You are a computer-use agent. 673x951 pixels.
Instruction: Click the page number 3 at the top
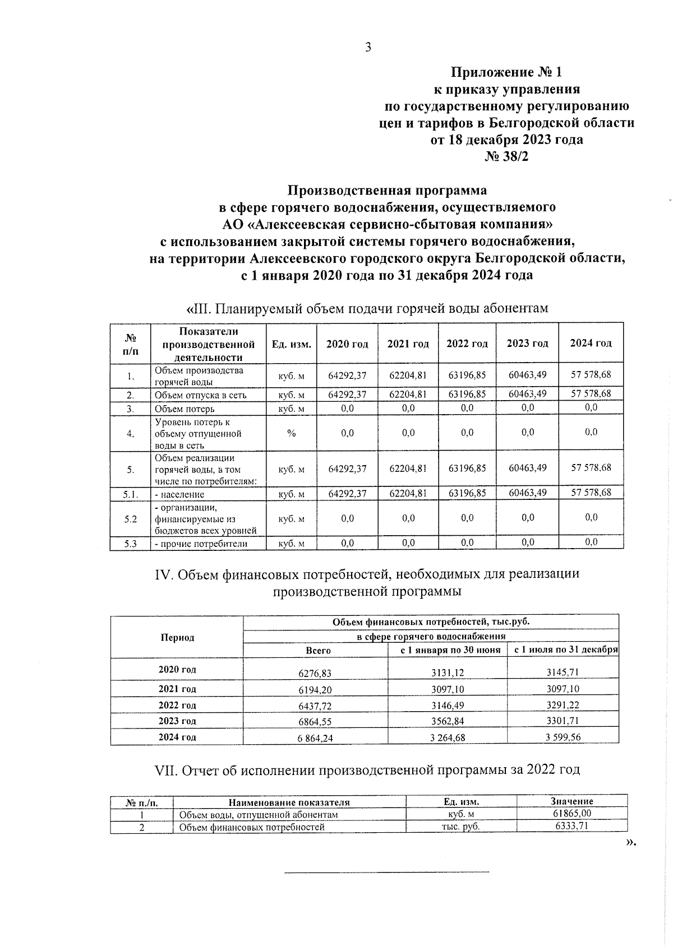point(368,48)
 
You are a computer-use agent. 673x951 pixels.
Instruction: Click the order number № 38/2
point(506,157)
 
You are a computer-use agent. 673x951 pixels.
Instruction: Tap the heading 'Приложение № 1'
point(506,72)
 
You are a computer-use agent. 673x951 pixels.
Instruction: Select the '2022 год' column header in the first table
point(467,344)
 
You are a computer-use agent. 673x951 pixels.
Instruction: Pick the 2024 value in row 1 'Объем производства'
point(591,374)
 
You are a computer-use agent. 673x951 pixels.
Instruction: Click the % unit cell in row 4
point(291,433)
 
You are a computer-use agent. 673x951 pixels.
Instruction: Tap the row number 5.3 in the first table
point(130,543)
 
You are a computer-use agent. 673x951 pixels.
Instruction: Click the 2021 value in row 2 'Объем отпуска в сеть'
point(408,394)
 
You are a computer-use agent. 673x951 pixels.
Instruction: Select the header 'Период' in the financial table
point(177,637)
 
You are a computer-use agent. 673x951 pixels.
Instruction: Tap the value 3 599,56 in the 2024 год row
point(563,737)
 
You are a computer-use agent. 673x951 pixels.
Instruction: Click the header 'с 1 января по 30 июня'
point(447,650)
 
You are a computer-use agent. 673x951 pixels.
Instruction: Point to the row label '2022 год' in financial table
point(177,705)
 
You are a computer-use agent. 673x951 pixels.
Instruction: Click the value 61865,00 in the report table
point(571,814)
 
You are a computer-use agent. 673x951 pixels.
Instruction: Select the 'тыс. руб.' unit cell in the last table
point(460,827)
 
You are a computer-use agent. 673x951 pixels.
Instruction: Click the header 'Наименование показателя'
point(289,802)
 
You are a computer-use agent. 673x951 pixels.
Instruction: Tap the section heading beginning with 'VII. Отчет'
point(367,769)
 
